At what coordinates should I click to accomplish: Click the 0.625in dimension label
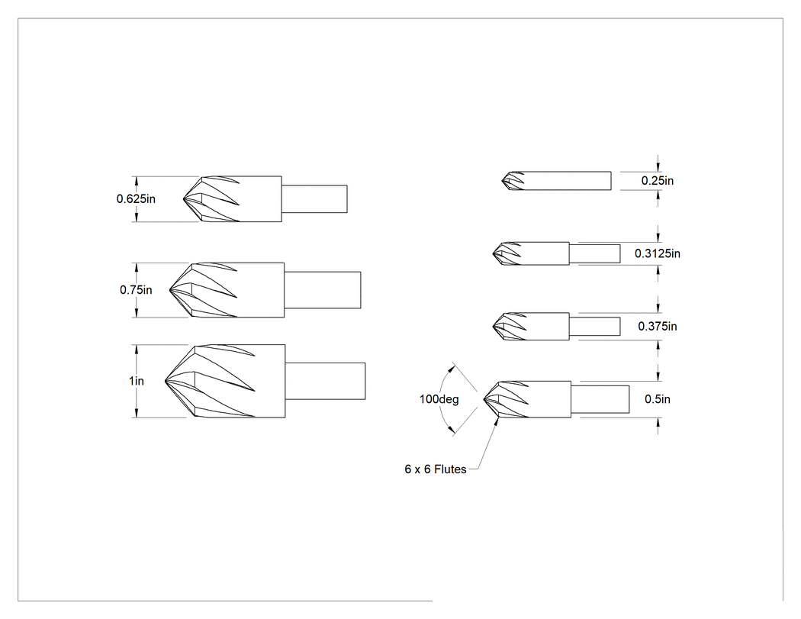click(x=136, y=199)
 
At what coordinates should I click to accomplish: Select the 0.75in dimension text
click(x=136, y=290)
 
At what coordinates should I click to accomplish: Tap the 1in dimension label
click(x=137, y=381)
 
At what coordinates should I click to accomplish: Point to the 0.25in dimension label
click(x=658, y=180)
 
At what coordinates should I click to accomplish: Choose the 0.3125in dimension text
click(x=658, y=253)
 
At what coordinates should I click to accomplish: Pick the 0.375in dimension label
click(x=658, y=326)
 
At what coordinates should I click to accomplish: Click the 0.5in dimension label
click(x=658, y=399)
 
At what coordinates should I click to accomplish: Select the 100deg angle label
click(x=439, y=399)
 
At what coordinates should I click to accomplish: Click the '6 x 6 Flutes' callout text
click(x=436, y=469)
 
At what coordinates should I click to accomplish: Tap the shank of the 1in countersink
click(x=326, y=381)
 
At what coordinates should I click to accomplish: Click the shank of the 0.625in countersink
click(x=314, y=199)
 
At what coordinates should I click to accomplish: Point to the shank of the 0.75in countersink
click(x=323, y=290)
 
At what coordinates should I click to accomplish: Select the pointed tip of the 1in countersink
click(x=166, y=381)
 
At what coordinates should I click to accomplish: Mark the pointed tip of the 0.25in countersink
click(x=502, y=181)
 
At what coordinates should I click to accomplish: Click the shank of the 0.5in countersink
click(x=600, y=399)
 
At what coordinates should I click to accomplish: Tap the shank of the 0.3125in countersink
click(x=595, y=253)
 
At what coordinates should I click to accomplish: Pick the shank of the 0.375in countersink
click(x=595, y=326)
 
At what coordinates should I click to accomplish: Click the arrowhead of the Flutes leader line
click(x=497, y=421)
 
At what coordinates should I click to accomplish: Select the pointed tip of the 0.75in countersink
click(x=169, y=290)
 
